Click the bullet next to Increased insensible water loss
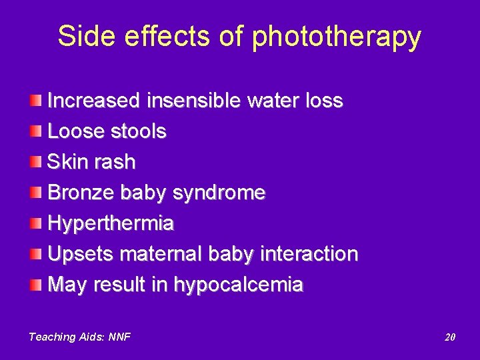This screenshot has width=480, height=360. [x=36, y=101]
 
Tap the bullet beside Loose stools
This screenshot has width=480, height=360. [x=36, y=132]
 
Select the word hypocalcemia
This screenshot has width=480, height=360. [x=238, y=285]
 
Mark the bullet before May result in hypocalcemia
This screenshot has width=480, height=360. [x=36, y=285]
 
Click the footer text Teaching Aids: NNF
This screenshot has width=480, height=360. [x=79, y=337]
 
